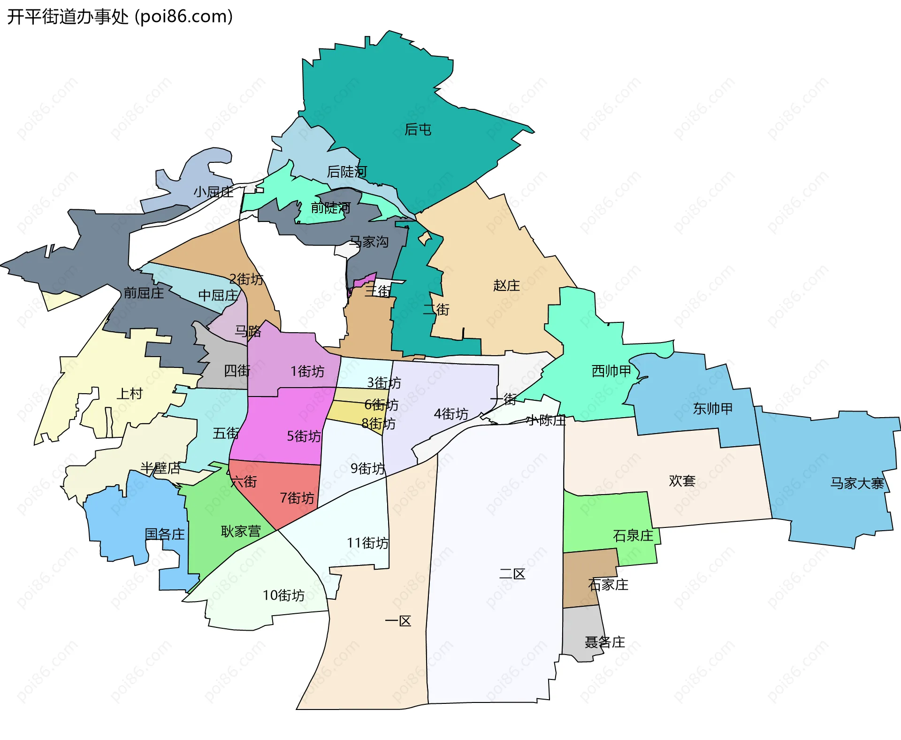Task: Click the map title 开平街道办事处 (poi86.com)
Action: (x=120, y=17)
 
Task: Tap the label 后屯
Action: (x=418, y=130)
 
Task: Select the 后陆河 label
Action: (x=346, y=172)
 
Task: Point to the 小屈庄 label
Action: (x=214, y=191)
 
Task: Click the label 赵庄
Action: (x=506, y=285)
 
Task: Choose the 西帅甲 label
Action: (x=611, y=371)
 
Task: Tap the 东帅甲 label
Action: (x=712, y=409)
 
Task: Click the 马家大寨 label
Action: (x=857, y=483)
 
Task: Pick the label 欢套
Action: (x=682, y=481)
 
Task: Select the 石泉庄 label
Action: (x=633, y=535)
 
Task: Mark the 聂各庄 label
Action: (x=604, y=642)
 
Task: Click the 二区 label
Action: (x=512, y=573)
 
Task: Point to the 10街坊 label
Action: (x=283, y=595)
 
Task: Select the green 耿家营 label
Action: (x=241, y=531)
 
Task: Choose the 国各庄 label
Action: (x=165, y=534)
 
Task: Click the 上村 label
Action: (x=130, y=393)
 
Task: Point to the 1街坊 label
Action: (x=307, y=372)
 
